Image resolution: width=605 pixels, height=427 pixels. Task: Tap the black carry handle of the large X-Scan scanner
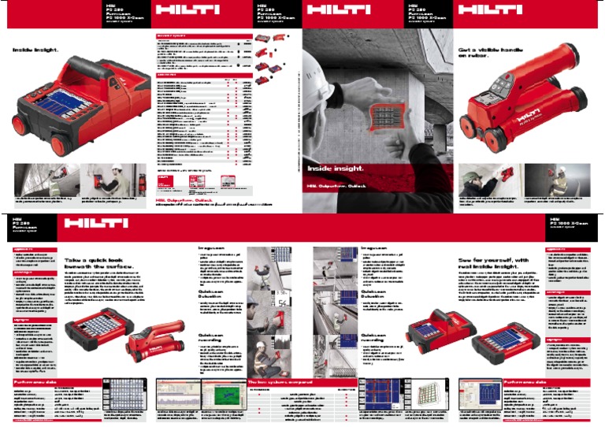pos(100,69)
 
